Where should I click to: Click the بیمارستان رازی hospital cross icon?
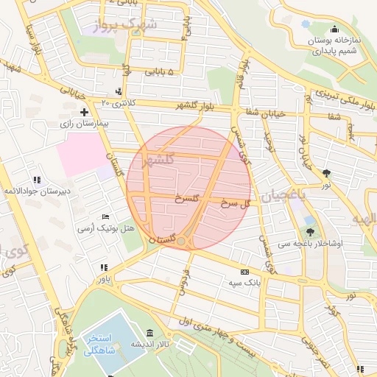(85, 113)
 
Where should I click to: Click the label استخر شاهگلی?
(104, 344)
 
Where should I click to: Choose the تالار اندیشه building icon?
(150, 333)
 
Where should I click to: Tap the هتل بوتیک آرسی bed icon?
(106, 217)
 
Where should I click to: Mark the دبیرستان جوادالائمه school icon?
(36, 180)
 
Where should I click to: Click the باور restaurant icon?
(104, 267)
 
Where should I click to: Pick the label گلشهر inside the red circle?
(159, 160)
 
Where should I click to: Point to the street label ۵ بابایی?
(160, 72)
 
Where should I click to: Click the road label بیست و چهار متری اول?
(221, 331)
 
